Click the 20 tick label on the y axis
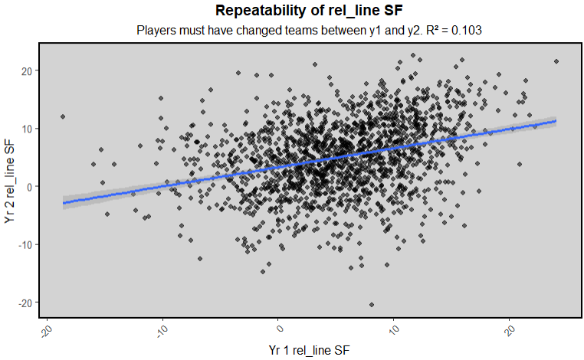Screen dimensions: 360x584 [x=25, y=70]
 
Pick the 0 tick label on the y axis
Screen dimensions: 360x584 [x=28, y=186]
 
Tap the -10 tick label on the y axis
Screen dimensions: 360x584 [x=24, y=244]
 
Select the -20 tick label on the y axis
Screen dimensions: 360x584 [x=24, y=303]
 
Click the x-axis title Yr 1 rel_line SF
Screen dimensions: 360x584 [x=310, y=349]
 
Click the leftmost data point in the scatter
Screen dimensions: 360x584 [x=63, y=117]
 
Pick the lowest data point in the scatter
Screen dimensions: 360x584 [x=372, y=305]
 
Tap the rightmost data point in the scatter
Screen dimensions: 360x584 [x=556, y=62]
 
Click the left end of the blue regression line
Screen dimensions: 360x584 [x=63, y=203]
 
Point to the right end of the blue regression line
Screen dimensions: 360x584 [x=556, y=121]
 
